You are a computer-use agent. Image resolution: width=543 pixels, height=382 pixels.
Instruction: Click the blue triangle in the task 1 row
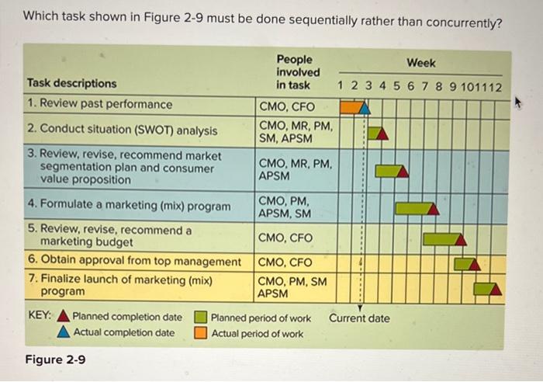coord(365,109)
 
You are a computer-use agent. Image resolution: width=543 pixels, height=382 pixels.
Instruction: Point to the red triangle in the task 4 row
coord(433,209)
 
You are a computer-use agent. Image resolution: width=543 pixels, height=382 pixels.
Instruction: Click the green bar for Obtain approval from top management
coord(464,263)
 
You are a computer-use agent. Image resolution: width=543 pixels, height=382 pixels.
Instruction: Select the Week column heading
coord(421,63)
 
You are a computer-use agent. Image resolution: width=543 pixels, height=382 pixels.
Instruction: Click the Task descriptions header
coord(71,83)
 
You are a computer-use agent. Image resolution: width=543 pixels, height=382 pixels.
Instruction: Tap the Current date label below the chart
coord(359,318)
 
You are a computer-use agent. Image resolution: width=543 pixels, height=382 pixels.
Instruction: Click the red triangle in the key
coord(64,317)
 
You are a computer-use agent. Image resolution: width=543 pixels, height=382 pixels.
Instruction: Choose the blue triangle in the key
coord(64,333)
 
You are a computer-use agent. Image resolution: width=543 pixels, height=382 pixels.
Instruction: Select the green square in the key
coord(200,317)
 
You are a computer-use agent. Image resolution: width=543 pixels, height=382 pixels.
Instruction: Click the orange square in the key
coord(200,334)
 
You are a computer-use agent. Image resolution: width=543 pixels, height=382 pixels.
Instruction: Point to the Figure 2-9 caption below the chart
coord(55,359)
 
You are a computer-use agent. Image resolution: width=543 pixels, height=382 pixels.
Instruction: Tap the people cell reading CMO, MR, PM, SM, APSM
coord(295,131)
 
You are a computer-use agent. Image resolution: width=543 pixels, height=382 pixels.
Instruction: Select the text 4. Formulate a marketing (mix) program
coord(128,207)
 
